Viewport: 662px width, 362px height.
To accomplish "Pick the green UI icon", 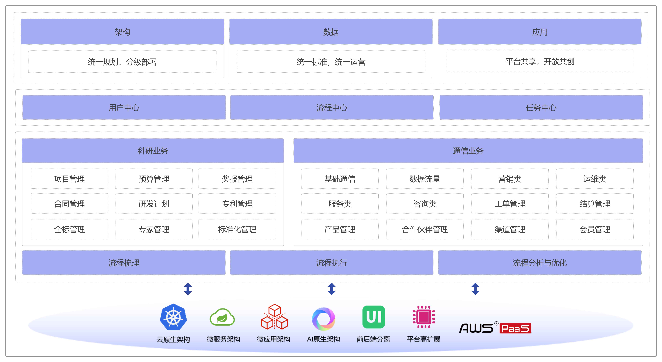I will pyautogui.click(x=373, y=317).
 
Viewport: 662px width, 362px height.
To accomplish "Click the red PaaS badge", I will pyautogui.click(x=515, y=328).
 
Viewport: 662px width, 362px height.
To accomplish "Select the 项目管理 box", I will pyautogui.click(x=69, y=179).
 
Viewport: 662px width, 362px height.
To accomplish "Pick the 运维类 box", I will pyautogui.click(x=595, y=179).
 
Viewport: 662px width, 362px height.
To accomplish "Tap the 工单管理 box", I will pyautogui.click(x=510, y=204).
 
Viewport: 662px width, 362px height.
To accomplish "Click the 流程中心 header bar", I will pyautogui.click(x=332, y=108).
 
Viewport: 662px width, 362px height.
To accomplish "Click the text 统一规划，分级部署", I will pyautogui.click(x=122, y=62).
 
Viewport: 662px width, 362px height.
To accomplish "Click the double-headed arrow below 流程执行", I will pyautogui.click(x=332, y=289).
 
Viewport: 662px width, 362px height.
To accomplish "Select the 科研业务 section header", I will pyautogui.click(x=153, y=151).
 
